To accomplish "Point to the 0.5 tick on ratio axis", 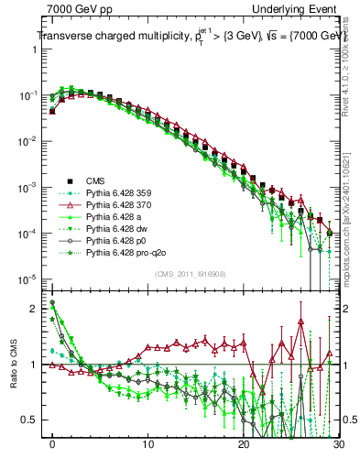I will pyautogui.click(x=32, y=420).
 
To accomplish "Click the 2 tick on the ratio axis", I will pyautogui.click(x=36, y=308).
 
